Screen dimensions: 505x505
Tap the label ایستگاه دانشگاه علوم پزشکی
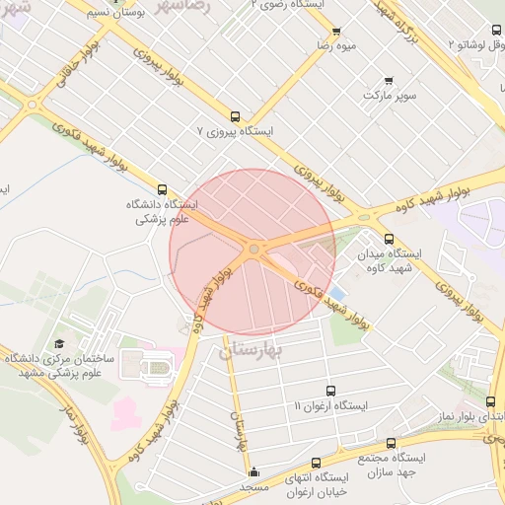tap(162, 213)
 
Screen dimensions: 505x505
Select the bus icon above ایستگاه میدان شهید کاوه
tap(388, 238)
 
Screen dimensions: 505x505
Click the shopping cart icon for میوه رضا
tap(336, 32)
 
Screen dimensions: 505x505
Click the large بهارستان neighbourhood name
tap(252, 351)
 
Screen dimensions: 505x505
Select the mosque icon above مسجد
tap(253, 471)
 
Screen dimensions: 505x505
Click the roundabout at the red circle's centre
tap(253, 251)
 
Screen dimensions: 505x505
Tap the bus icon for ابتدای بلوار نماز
tap(490, 401)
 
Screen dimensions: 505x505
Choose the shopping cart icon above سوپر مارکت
tap(389, 81)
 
